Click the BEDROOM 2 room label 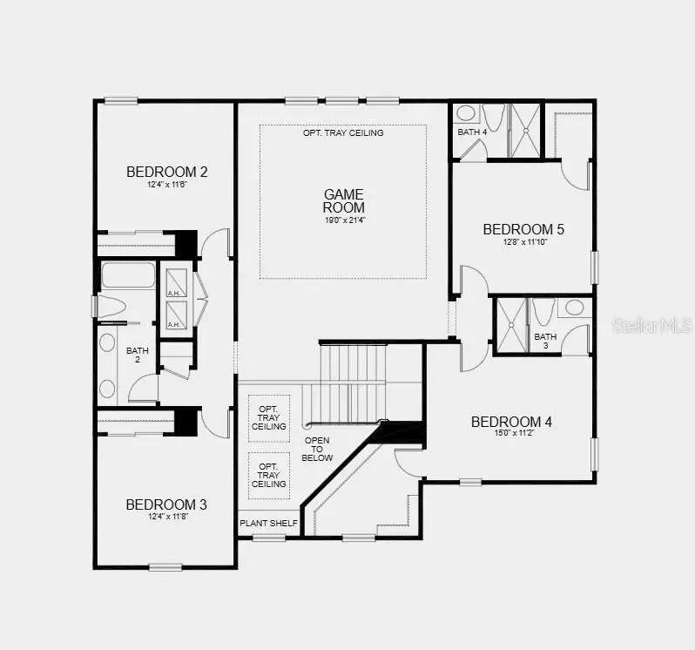coord(166,172)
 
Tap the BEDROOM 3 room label coord(165,504)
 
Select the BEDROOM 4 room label coord(511,422)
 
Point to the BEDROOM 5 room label coord(523,229)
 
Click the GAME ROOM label coord(344,200)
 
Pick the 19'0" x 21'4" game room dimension coord(344,220)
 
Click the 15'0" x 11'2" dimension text coord(511,433)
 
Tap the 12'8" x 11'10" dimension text coord(523,241)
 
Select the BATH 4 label coord(472,132)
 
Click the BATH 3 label coord(545,342)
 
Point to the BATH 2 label coord(137,355)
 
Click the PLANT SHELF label coord(269,524)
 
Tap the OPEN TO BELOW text coord(318,449)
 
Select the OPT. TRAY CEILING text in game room coord(343,133)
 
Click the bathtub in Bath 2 coord(128,276)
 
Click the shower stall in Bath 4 coord(524,131)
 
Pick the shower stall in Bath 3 coord(510,326)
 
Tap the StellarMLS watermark coord(651,325)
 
